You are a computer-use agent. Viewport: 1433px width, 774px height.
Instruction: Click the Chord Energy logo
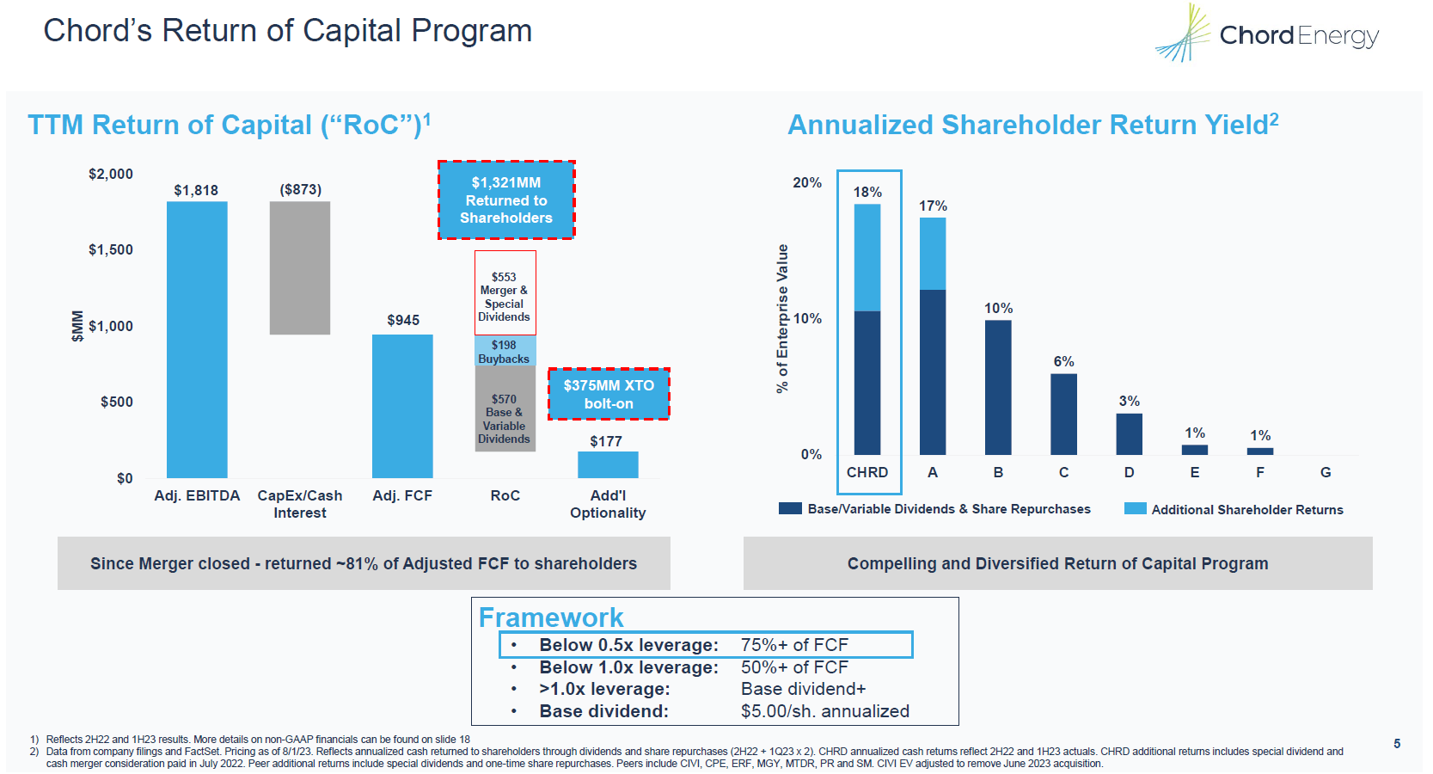click(1268, 34)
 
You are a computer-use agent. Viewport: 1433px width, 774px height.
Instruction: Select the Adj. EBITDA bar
click(197, 340)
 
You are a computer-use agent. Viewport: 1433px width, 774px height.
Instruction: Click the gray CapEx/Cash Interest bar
click(300, 268)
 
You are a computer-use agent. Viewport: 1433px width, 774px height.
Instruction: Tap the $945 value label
click(403, 320)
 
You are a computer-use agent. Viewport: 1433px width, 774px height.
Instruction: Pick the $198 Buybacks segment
click(505, 352)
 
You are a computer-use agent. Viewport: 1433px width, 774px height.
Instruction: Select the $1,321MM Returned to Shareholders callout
click(506, 200)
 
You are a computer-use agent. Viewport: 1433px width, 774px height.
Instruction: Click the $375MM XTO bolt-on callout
click(609, 394)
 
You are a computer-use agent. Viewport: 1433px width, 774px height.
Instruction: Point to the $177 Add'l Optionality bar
click(608, 464)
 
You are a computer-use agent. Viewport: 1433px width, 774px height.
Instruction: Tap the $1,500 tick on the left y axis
click(111, 250)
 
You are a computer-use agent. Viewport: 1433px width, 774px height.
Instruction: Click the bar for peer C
click(1063, 414)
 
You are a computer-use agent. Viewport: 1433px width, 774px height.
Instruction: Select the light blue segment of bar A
click(933, 254)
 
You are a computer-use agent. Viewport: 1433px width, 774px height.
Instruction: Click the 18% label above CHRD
click(867, 192)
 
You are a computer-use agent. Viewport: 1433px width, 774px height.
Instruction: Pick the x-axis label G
click(1326, 472)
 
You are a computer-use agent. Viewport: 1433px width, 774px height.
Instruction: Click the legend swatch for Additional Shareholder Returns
click(1135, 509)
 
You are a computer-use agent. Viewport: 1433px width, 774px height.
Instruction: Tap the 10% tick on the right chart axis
click(807, 318)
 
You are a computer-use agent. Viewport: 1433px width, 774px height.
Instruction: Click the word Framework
click(551, 617)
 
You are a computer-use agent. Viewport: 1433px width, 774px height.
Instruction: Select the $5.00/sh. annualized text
click(824, 711)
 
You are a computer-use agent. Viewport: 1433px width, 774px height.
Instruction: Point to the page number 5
click(1397, 743)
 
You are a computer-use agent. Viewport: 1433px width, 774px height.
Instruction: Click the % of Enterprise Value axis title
click(782, 318)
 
